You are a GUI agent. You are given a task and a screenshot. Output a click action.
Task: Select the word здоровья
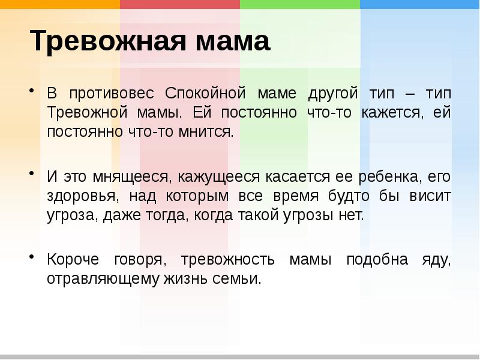click(x=77, y=196)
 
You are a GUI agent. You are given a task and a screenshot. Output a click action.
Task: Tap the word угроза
click(x=68, y=214)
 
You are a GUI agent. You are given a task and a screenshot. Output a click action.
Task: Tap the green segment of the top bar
click(x=300, y=4)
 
